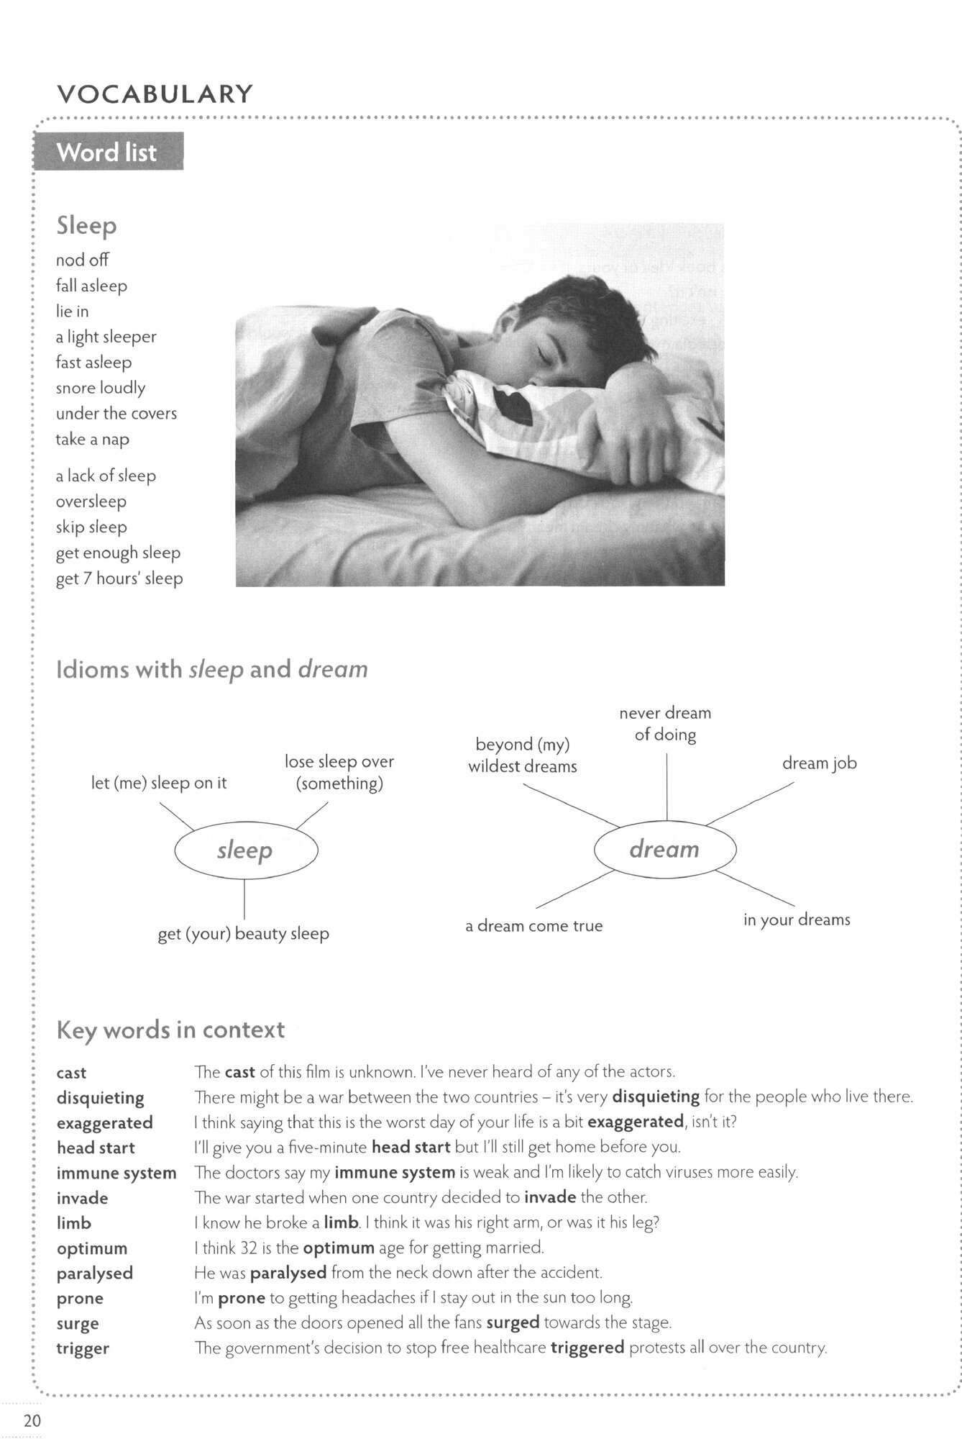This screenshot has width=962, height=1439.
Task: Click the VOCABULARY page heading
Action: click(155, 94)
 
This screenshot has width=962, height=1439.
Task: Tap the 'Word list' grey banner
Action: click(107, 153)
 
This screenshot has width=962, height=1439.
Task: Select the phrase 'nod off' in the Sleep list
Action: click(82, 260)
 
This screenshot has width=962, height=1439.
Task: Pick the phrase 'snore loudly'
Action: click(101, 388)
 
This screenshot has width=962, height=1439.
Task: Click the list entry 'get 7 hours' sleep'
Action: click(119, 578)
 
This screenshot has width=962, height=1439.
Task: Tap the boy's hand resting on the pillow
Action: click(640, 439)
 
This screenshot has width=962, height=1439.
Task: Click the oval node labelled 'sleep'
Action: click(245, 850)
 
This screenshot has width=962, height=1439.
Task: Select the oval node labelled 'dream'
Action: click(664, 849)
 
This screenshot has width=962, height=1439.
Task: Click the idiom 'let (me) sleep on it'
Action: click(159, 783)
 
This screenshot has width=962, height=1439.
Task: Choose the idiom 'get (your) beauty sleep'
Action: click(244, 933)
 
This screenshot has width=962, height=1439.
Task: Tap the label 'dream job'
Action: click(819, 763)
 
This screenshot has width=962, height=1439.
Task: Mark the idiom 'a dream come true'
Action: click(533, 925)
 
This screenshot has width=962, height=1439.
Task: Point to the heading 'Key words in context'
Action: click(170, 1030)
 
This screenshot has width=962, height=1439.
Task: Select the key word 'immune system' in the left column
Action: click(116, 1173)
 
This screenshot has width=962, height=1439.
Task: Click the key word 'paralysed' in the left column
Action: click(95, 1273)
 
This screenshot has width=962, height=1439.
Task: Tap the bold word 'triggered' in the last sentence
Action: click(587, 1348)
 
